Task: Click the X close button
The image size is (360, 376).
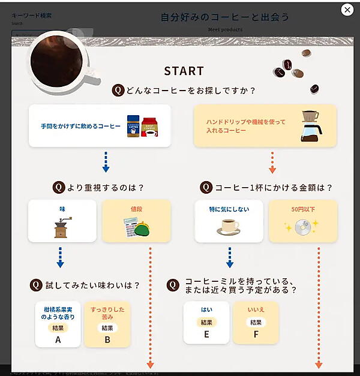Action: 347,10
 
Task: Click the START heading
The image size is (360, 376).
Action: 184,71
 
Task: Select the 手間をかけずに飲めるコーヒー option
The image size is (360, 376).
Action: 100,126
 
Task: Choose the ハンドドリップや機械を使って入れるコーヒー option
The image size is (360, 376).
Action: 265,126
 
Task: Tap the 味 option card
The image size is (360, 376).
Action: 62,221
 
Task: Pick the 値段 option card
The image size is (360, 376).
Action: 136,221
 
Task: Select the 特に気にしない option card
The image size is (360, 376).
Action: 229,221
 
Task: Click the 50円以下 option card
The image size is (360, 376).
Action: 302,221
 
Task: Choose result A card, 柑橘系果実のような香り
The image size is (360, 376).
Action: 58,324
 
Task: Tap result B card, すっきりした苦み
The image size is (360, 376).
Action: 107,324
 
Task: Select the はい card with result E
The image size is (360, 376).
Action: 206,323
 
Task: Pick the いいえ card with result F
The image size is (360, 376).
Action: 256,323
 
